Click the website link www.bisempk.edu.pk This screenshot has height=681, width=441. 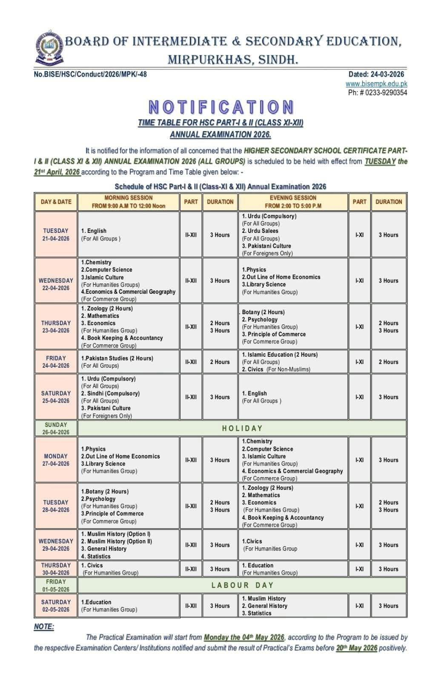click(x=376, y=84)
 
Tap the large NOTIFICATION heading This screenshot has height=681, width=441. click(x=221, y=107)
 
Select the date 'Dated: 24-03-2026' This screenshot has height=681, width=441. click(x=378, y=74)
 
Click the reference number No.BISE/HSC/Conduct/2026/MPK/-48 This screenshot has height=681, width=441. click(x=90, y=74)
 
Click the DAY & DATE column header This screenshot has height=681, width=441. click(x=56, y=202)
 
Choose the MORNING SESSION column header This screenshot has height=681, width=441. click(x=128, y=202)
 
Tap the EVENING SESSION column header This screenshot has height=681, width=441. click(x=293, y=202)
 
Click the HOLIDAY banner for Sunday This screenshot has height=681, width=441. click(x=242, y=428)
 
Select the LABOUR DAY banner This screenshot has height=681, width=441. click(x=242, y=585)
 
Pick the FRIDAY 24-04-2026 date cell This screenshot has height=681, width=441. click(x=56, y=362)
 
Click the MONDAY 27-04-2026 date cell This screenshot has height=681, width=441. click(x=56, y=460)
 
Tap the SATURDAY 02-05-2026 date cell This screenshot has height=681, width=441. click(x=56, y=606)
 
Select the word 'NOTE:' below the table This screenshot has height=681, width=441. click(x=44, y=627)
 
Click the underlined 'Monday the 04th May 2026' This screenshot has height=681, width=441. click(x=244, y=638)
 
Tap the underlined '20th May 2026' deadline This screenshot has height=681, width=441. click(x=356, y=648)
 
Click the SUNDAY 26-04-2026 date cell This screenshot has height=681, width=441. click(x=56, y=428)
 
